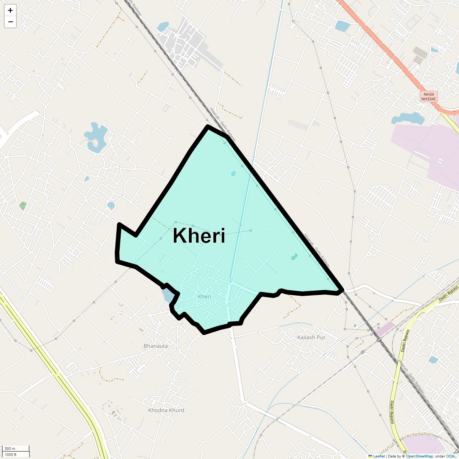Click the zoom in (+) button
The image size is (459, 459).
[x=10, y=10]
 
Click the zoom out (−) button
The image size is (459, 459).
[x=10, y=22]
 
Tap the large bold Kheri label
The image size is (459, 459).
[x=199, y=236]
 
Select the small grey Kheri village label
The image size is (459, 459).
[x=205, y=296]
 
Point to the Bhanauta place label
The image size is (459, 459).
[x=156, y=346]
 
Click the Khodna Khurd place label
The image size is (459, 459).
[x=166, y=410]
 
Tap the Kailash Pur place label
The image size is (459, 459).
[x=311, y=337]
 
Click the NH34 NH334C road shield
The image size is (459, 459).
[x=428, y=96]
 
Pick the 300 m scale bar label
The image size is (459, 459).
[x=10, y=449]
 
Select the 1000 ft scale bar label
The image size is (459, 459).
[x=10, y=454]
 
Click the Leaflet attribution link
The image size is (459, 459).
[x=379, y=456]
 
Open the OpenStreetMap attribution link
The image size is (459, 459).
[x=419, y=456]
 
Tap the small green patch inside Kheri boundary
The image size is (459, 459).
[x=294, y=256]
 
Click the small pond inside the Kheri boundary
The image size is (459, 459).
[x=233, y=174]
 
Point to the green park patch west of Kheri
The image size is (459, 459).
[x=23, y=206]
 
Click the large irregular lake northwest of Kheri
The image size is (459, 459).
[x=96, y=136]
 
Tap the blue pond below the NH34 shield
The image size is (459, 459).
[x=407, y=119]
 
